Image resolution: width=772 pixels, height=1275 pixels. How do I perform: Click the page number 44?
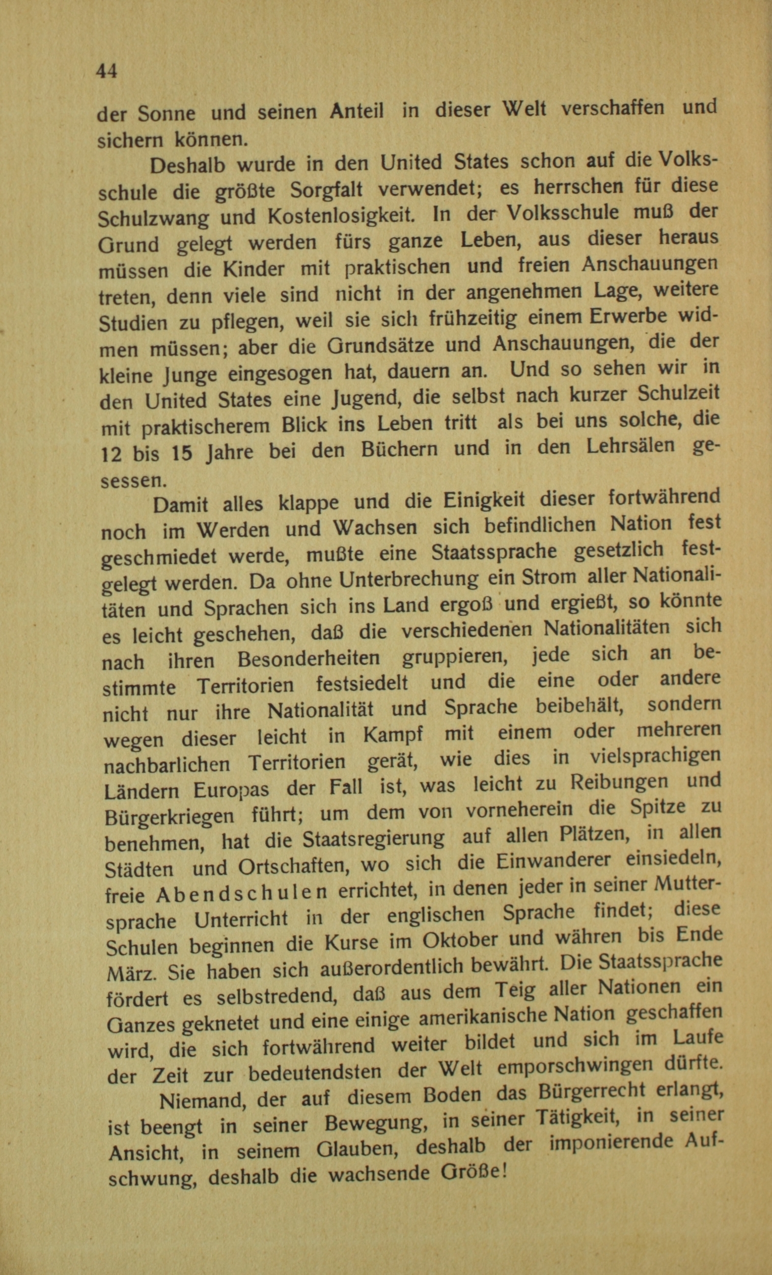[x=107, y=71]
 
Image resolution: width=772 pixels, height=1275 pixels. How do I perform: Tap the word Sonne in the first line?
[x=166, y=113]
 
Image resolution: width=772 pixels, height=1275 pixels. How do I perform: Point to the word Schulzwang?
[x=153, y=219]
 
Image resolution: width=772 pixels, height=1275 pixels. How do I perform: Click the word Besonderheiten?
[x=308, y=659]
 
